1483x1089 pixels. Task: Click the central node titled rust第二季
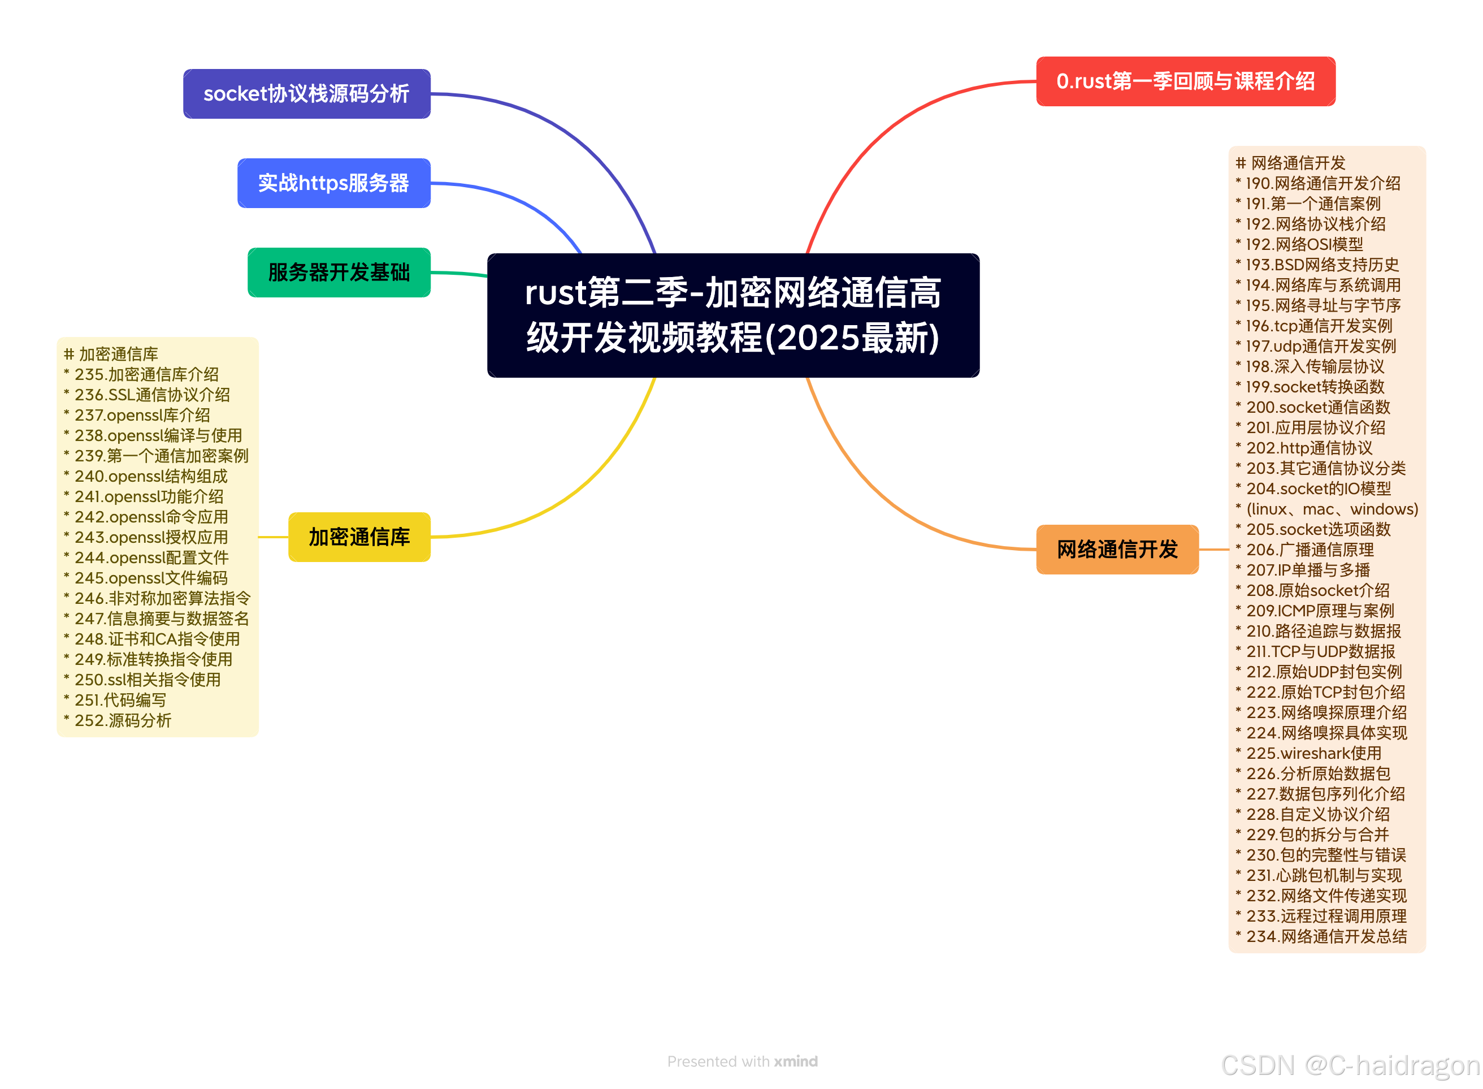point(732,315)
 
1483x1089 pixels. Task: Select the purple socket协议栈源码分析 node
point(306,94)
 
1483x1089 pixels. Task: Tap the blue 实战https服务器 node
point(333,183)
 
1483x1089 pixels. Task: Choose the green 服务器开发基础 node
point(339,273)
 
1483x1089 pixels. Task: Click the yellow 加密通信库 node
point(359,537)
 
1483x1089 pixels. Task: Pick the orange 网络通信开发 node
point(1117,549)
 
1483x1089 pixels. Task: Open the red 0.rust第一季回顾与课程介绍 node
point(1185,81)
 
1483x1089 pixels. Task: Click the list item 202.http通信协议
point(1308,448)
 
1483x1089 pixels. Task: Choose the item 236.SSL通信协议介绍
point(151,394)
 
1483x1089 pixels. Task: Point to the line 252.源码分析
point(123,720)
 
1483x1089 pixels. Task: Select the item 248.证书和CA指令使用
point(157,639)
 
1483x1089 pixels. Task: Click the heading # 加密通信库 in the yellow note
point(111,354)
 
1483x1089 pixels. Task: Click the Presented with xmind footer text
point(742,1061)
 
